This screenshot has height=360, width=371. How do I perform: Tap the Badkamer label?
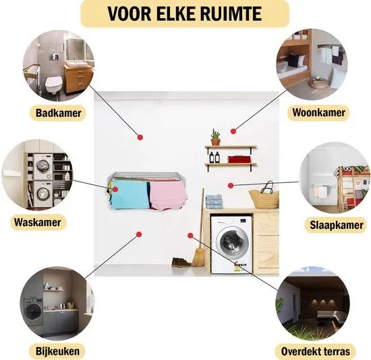[58, 113]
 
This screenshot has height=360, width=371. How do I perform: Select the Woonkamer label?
[318, 112]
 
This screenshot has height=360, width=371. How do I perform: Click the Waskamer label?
[38, 222]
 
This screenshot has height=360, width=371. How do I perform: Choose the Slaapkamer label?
[336, 225]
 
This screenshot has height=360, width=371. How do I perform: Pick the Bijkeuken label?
[57, 351]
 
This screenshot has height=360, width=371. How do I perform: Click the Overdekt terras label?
[316, 351]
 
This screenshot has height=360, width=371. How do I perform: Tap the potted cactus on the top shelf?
[216, 137]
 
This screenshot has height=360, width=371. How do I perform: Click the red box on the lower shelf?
[239, 159]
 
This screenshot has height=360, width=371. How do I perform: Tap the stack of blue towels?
[214, 201]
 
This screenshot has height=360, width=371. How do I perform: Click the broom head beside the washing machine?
[198, 257]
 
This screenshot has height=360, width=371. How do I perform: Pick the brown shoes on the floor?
[181, 263]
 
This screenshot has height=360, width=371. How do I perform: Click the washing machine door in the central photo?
[234, 243]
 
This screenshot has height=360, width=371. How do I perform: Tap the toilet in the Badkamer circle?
[54, 84]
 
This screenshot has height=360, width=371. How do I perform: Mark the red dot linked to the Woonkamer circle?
[233, 131]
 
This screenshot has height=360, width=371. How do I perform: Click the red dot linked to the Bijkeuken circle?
[139, 234]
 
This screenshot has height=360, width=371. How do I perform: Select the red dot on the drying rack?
[115, 189]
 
